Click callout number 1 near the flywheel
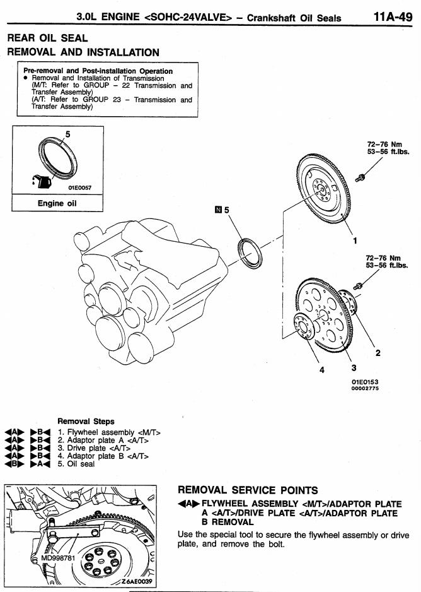click(355, 240)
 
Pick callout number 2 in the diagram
click(377, 352)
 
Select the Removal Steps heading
click(86, 420)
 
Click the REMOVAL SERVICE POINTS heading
click(248, 490)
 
